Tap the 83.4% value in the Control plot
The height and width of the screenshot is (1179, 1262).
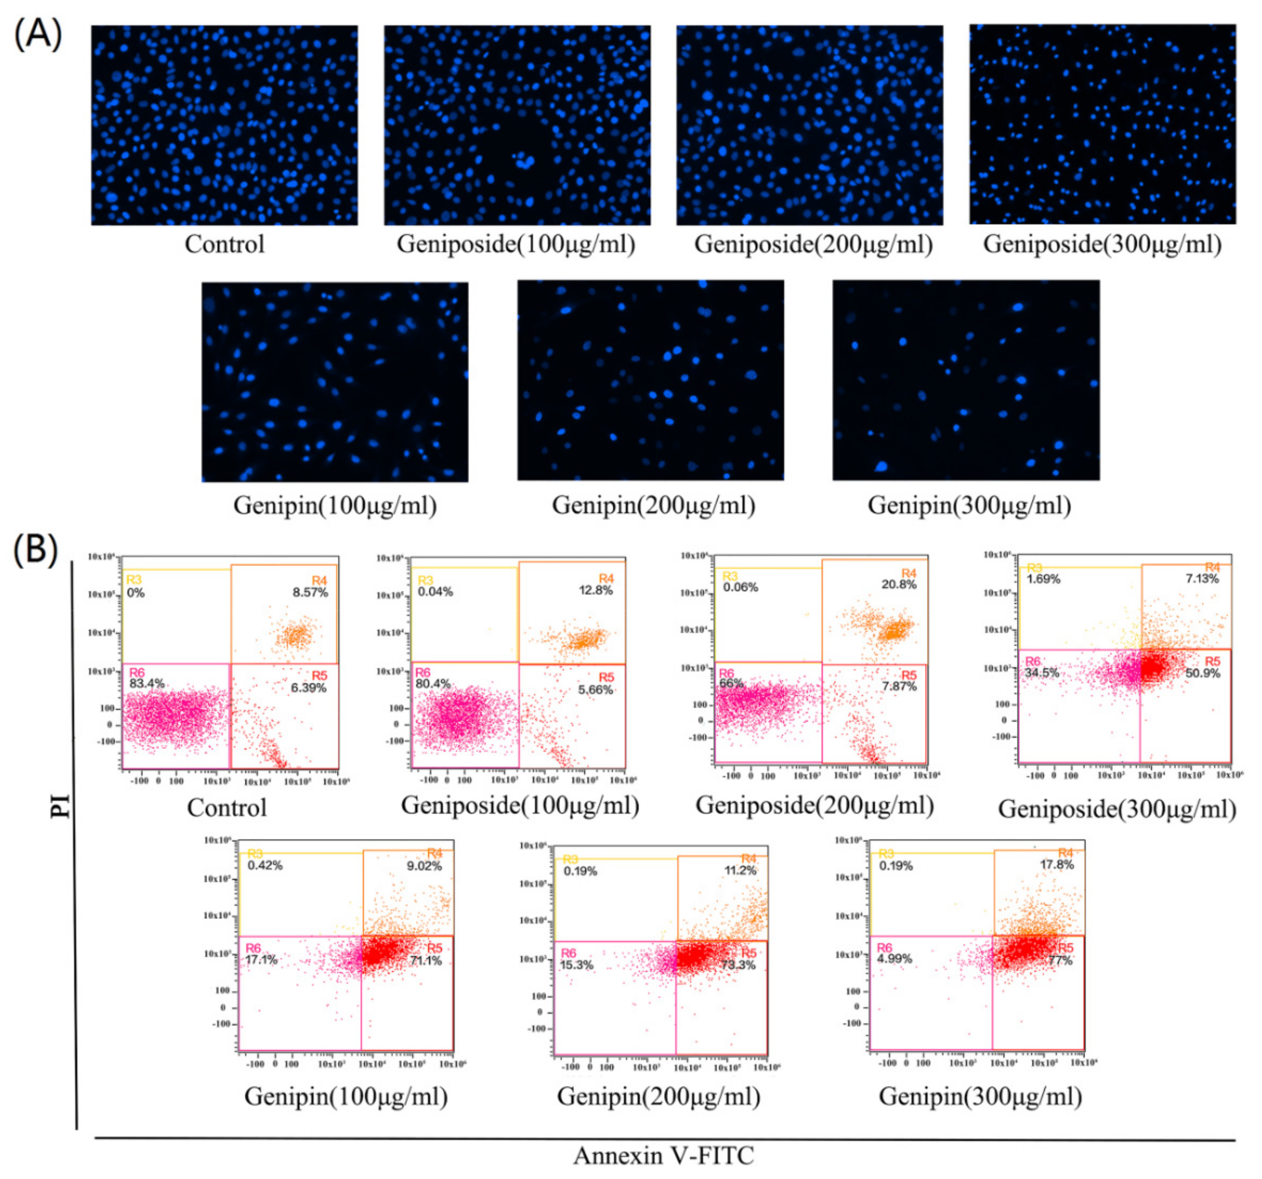[x=147, y=684]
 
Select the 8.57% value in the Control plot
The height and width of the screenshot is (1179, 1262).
[x=310, y=592]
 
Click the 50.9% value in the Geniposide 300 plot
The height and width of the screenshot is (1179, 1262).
[x=1202, y=673]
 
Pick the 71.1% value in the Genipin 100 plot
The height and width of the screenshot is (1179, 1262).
[x=425, y=960]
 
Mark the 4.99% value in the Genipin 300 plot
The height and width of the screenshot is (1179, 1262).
[x=894, y=959]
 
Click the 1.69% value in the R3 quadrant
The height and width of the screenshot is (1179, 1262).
[x=1043, y=579]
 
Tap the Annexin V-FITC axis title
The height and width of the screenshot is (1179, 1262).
[x=663, y=1155]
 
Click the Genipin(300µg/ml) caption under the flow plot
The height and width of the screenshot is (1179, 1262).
[x=980, y=1097]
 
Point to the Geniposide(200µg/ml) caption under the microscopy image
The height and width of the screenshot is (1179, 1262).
[x=813, y=244]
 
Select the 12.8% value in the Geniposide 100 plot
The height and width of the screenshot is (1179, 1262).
[x=596, y=590]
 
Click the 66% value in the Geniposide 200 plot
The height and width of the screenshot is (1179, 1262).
[x=730, y=683]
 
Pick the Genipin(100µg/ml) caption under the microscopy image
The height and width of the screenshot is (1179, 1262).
[x=335, y=505]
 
